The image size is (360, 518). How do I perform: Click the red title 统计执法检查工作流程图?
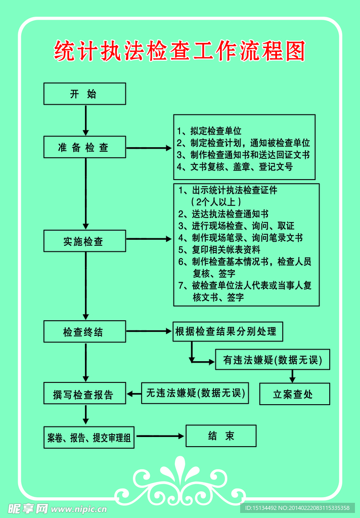point(179,51)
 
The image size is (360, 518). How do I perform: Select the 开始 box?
point(84,94)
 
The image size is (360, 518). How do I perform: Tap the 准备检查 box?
point(84,147)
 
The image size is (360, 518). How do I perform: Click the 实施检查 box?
point(84,241)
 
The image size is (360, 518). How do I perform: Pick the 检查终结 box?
point(84,332)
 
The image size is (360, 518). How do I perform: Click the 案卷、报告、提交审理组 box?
point(89,438)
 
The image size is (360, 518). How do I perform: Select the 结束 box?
point(221,436)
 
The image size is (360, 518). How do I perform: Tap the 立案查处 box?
point(294,394)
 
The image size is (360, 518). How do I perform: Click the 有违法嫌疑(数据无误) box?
point(272,360)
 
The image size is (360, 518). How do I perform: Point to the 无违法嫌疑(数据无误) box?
point(195,393)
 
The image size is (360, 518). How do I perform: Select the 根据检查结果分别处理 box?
point(227,332)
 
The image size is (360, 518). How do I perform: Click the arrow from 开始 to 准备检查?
point(85,120)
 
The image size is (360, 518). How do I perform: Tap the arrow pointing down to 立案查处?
point(292,376)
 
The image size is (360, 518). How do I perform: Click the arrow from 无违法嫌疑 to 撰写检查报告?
point(133,394)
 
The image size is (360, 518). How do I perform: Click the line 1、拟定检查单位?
point(209,131)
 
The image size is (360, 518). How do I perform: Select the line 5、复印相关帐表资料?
point(219,249)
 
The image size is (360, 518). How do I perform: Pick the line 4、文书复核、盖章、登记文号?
point(234,166)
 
